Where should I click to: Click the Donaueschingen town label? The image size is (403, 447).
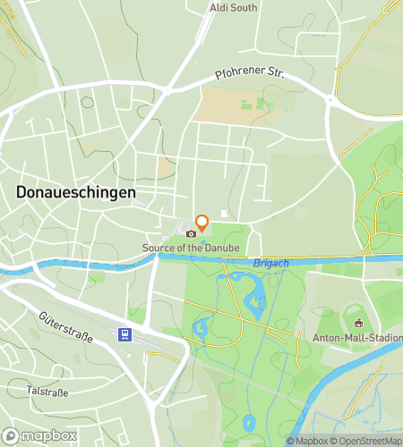76,192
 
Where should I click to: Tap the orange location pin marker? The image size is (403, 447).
202,223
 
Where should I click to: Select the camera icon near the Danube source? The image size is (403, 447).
190,234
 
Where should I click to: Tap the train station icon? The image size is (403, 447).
124,335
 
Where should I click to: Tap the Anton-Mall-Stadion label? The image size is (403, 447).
357,337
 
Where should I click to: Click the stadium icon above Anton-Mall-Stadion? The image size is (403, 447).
358,323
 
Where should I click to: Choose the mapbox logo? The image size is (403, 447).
40,435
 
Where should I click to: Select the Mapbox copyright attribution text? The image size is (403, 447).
309,441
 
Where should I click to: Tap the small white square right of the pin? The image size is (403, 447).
224,213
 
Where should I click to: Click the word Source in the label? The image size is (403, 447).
157,247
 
